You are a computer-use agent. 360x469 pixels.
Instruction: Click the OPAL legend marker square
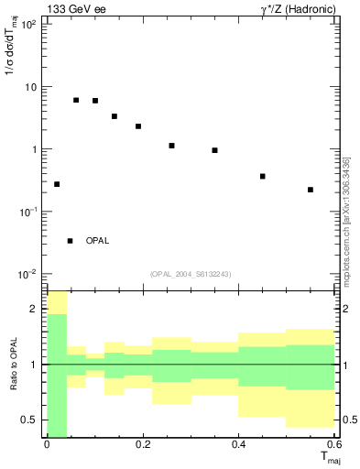(70, 241)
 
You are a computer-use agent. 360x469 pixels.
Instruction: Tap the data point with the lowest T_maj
(57, 184)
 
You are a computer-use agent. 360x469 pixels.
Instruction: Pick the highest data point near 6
(76, 100)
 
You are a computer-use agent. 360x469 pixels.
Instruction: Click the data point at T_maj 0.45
(263, 176)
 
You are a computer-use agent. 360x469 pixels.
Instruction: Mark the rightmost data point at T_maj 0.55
(311, 190)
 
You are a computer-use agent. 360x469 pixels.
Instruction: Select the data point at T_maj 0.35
(214, 150)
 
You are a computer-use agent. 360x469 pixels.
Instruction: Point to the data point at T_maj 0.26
(171, 146)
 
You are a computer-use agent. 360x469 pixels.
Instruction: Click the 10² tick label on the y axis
(28, 25)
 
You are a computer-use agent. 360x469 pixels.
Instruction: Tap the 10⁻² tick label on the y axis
(27, 274)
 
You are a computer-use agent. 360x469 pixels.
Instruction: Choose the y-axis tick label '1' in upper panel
(34, 149)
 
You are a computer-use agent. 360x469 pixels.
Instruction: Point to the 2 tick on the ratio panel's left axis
(35, 310)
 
